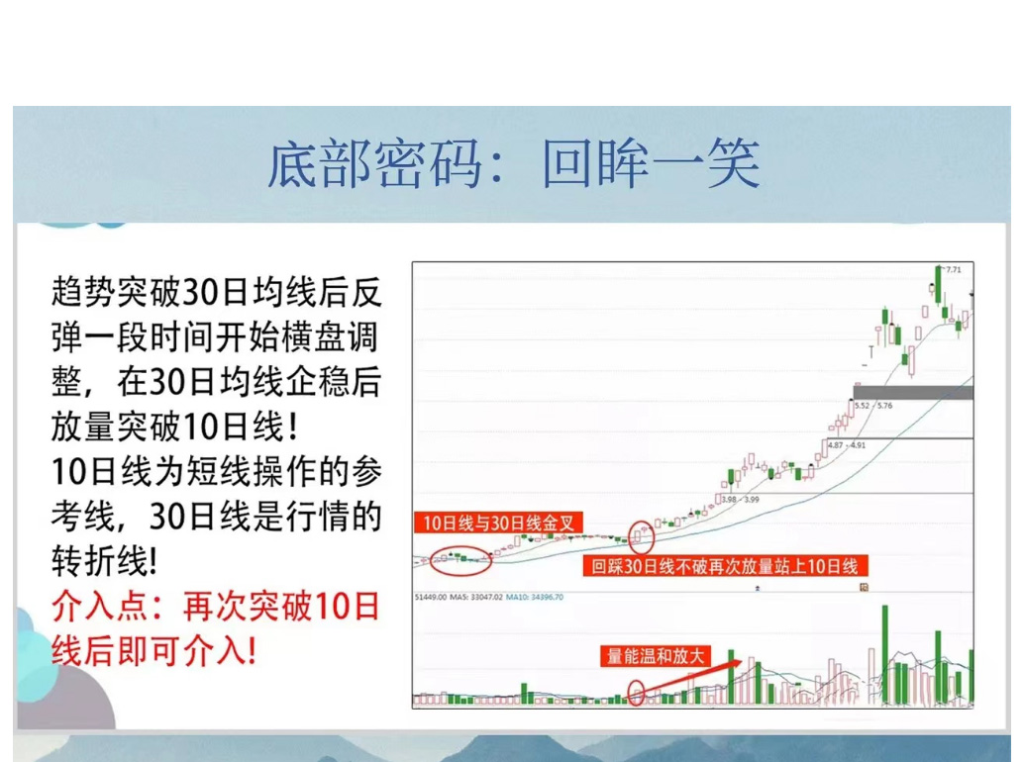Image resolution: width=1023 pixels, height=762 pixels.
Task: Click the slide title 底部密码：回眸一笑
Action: [513, 164]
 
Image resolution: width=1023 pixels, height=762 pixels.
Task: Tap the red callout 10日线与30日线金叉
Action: [498, 523]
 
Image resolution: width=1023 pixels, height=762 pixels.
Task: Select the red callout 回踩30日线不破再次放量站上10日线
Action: [724, 566]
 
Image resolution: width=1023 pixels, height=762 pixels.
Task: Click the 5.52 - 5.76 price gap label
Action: [872, 406]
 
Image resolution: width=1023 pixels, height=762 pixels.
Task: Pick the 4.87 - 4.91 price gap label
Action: [847, 446]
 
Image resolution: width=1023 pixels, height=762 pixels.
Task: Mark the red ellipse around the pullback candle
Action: [641, 537]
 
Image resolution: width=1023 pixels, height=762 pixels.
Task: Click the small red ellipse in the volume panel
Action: [636, 692]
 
